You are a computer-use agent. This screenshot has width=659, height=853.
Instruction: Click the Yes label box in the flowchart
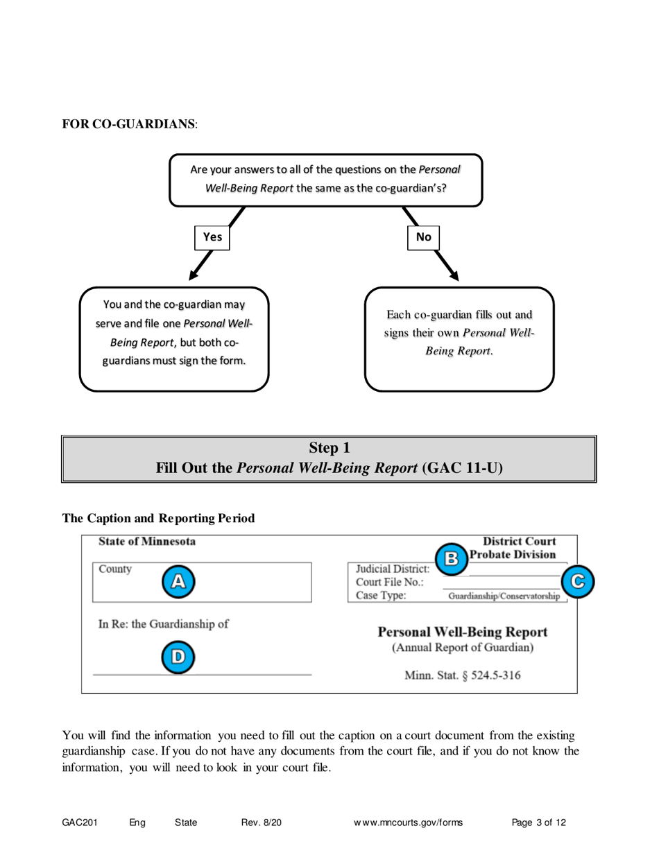coord(212,237)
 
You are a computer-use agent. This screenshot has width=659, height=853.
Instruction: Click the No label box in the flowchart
coord(423,237)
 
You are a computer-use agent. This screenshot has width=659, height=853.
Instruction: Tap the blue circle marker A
coord(178,582)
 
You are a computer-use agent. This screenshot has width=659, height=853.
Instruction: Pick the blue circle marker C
coord(577,582)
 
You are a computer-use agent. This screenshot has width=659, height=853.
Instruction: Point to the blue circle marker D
coord(178,657)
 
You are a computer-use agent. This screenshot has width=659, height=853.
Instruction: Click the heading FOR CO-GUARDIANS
coord(129,124)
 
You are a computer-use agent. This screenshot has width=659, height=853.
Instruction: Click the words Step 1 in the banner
coord(329,448)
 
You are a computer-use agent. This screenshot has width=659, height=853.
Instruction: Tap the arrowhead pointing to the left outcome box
coord(194,275)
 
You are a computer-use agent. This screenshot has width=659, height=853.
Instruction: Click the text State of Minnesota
coord(147,542)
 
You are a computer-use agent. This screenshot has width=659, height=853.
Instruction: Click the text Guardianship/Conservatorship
coord(504,596)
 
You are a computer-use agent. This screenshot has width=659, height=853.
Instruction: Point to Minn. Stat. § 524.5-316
coord(463,675)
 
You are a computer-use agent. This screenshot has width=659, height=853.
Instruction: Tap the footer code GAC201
coord(79,822)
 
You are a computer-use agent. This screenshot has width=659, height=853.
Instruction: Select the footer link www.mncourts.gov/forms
coord(408,822)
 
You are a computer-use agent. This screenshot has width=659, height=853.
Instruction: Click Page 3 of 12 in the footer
coord(539,822)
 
